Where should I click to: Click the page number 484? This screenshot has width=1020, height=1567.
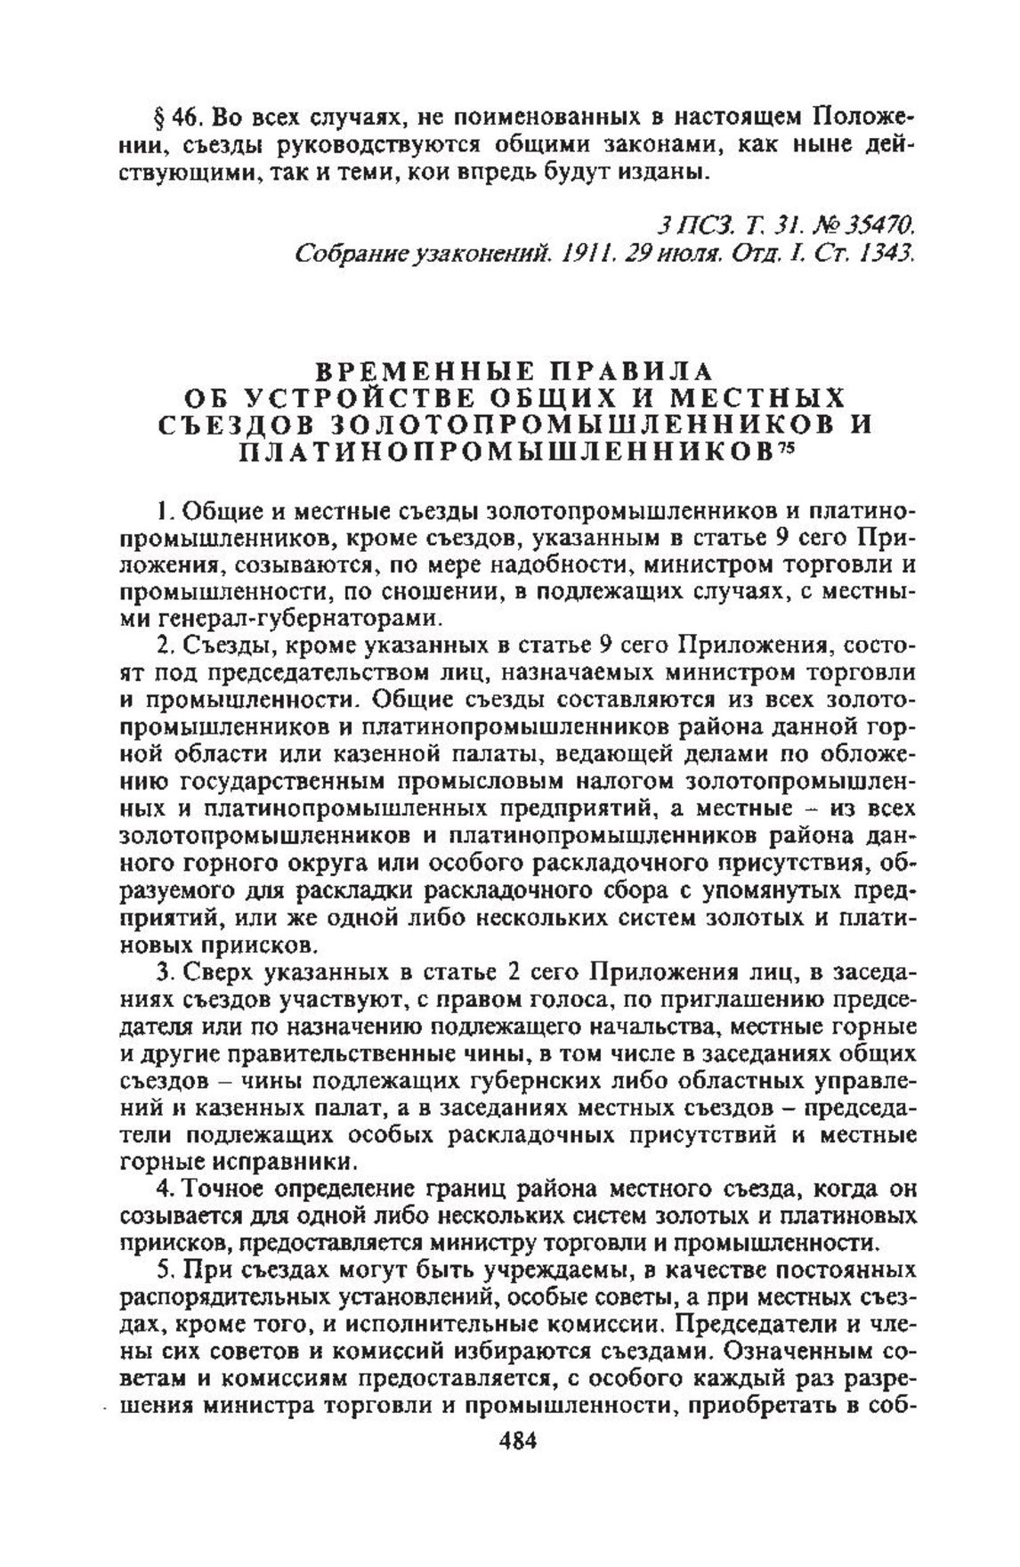pos(510,1441)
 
